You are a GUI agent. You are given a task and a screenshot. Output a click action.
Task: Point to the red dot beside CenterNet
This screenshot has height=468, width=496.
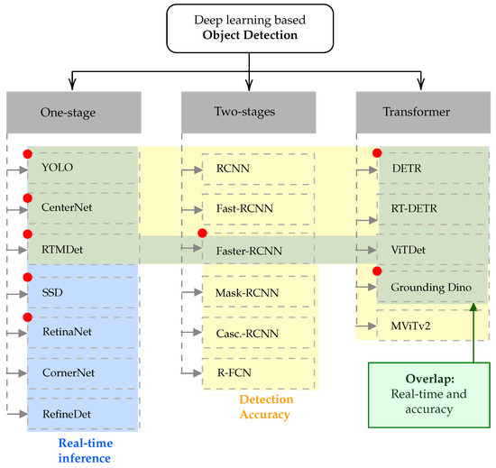click(28, 197)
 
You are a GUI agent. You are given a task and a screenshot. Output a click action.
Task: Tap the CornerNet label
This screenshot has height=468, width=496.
click(69, 372)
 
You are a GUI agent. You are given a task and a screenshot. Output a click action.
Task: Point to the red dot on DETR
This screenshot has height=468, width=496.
click(378, 154)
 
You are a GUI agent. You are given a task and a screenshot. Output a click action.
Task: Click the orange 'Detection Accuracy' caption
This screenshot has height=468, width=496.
click(266, 408)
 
